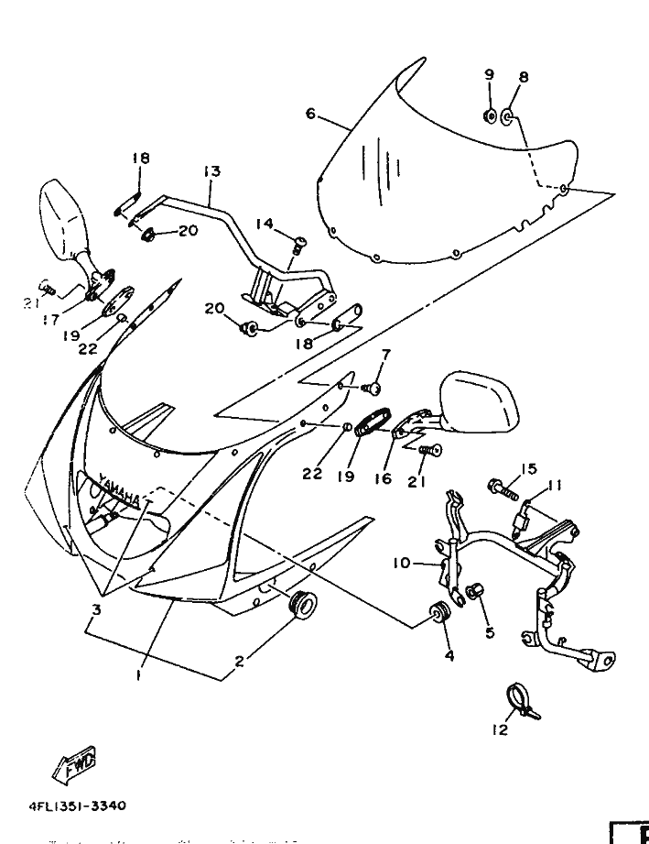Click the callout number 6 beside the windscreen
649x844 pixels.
[310, 115]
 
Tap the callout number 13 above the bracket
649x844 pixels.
[211, 171]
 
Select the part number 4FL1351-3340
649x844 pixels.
[77, 806]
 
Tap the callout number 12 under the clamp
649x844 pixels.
[499, 731]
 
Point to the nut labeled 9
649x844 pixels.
[490, 115]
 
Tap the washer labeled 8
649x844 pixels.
[510, 118]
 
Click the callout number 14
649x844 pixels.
[265, 223]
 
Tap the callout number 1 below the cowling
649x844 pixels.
[137, 674]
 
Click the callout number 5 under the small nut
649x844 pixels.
[490, 632]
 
